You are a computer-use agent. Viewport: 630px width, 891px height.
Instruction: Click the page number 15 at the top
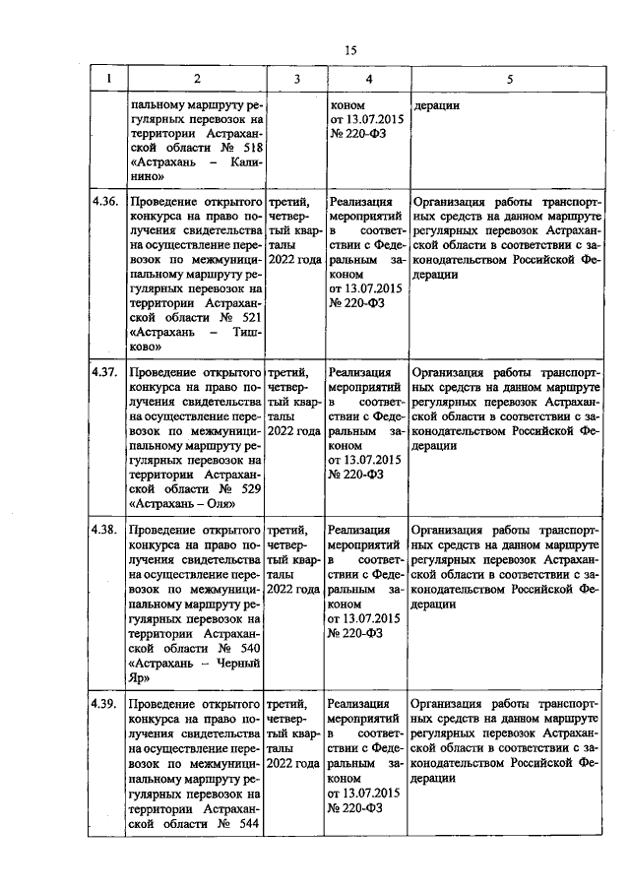point(350,51)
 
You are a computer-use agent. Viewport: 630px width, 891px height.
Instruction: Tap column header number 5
point(509,78)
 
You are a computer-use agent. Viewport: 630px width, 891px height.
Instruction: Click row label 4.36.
point(105,201)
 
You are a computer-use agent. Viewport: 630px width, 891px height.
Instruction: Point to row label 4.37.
point(105,373)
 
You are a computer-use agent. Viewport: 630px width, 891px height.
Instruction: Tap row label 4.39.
point(105,704)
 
